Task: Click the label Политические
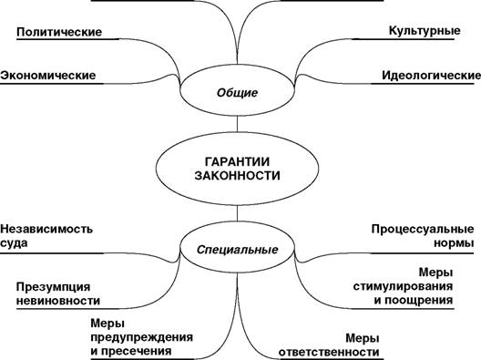[59, 32]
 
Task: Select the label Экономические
[48, 76]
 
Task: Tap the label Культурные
[425, 31]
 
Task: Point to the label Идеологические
[431, 76]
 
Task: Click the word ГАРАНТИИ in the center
[237, 161]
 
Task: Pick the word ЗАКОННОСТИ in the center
[237, 176]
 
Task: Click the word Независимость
[46, 229]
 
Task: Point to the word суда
[14, 243]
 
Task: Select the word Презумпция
[54, 287]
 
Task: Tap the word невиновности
[58, 301]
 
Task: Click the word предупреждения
[142, 337]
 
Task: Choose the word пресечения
[136, 351]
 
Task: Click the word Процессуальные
[423, 230]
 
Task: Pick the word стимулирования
[403, 287]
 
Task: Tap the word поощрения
[418, 301]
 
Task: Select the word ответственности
[329, 352]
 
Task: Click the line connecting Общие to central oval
[237, 124]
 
